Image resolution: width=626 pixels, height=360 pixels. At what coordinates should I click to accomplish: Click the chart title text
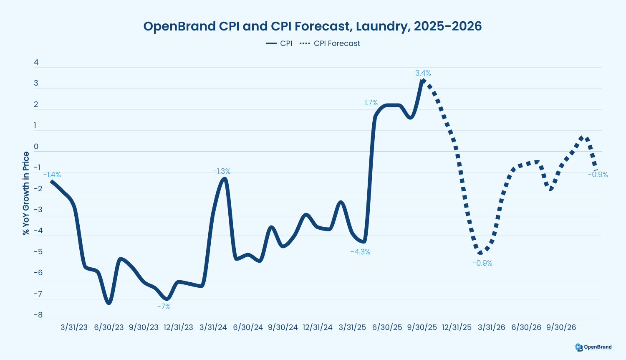[x=313, y=26]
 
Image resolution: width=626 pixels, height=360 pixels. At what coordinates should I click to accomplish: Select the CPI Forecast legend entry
[x=330, y=43]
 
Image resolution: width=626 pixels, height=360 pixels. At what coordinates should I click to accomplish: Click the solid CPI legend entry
[x=279, y=43]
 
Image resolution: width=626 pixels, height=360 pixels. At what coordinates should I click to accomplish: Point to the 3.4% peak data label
[x=423, y=73]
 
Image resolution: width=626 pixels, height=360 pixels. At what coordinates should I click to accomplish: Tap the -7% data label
[x=164, y=307]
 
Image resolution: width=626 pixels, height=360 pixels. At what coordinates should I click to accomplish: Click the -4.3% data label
[x=360, y=252]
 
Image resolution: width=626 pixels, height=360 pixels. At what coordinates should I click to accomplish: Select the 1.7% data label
[x=371, y=103]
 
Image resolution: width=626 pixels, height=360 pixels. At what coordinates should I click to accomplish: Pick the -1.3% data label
[x=222, y=171]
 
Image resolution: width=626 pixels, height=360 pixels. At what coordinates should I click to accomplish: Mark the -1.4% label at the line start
[x=52, y=175]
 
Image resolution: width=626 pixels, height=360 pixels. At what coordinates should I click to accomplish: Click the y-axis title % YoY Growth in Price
[x=26, y=193]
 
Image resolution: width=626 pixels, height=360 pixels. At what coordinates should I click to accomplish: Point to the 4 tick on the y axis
[x=36, y=62]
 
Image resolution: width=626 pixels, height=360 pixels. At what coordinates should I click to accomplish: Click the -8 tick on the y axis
[x=38, y=315]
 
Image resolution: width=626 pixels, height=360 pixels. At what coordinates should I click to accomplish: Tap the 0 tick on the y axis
[x=36, y=147]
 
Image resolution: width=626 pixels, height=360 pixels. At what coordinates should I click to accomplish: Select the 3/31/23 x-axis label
[x=74, y=327]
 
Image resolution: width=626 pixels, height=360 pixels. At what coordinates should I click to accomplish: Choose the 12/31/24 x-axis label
[x=317, y=327]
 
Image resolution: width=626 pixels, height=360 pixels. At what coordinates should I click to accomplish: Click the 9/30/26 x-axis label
[x=561, y=327]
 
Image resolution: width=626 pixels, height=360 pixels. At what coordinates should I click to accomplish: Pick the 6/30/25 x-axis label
[x=387, y=327]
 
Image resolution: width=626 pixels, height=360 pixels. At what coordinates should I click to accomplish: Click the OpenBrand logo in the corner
[x=593, y=347]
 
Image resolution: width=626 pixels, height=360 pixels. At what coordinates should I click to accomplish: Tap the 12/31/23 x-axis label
[x=178, y=327]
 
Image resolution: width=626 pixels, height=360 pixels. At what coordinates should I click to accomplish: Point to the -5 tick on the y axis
[x=38, y=252]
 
